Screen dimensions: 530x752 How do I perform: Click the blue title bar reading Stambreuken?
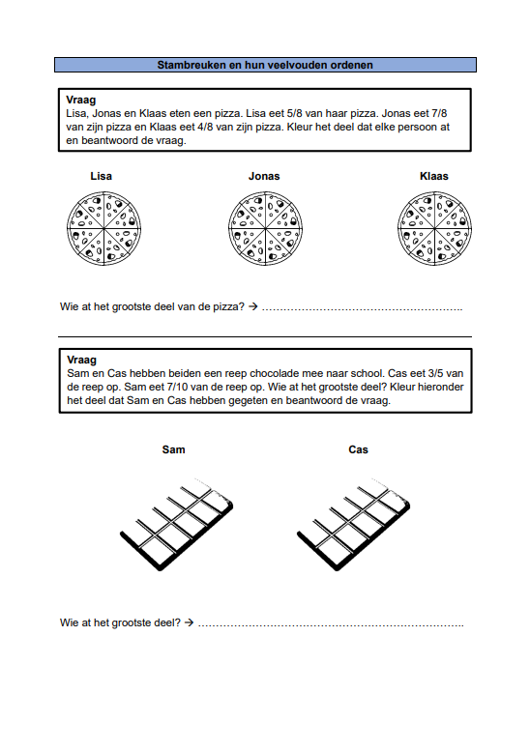[265, 65]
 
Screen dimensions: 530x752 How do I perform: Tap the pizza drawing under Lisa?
[103, 228]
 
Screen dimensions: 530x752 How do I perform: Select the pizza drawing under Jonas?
[265, 228]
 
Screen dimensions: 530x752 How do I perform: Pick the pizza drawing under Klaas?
[434, 228]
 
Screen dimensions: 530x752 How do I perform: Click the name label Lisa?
[101, 176]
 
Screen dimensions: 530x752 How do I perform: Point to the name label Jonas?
[264, 176]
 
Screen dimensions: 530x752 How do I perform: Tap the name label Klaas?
[434, 176]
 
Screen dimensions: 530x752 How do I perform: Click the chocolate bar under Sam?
[177, 524]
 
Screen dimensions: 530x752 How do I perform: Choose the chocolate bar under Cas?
[354, 524]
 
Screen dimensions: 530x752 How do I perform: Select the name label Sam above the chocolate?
[173, 449]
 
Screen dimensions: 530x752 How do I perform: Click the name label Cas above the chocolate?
[358, 449]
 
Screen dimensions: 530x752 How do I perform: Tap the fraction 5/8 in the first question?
[294, 113]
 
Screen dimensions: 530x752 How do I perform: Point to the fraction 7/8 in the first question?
[439, 113]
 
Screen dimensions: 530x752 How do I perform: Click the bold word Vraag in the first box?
[80, 100]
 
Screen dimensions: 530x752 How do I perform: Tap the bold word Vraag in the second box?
[81, 360]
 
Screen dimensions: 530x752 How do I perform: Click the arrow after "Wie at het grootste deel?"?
[190, 622]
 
